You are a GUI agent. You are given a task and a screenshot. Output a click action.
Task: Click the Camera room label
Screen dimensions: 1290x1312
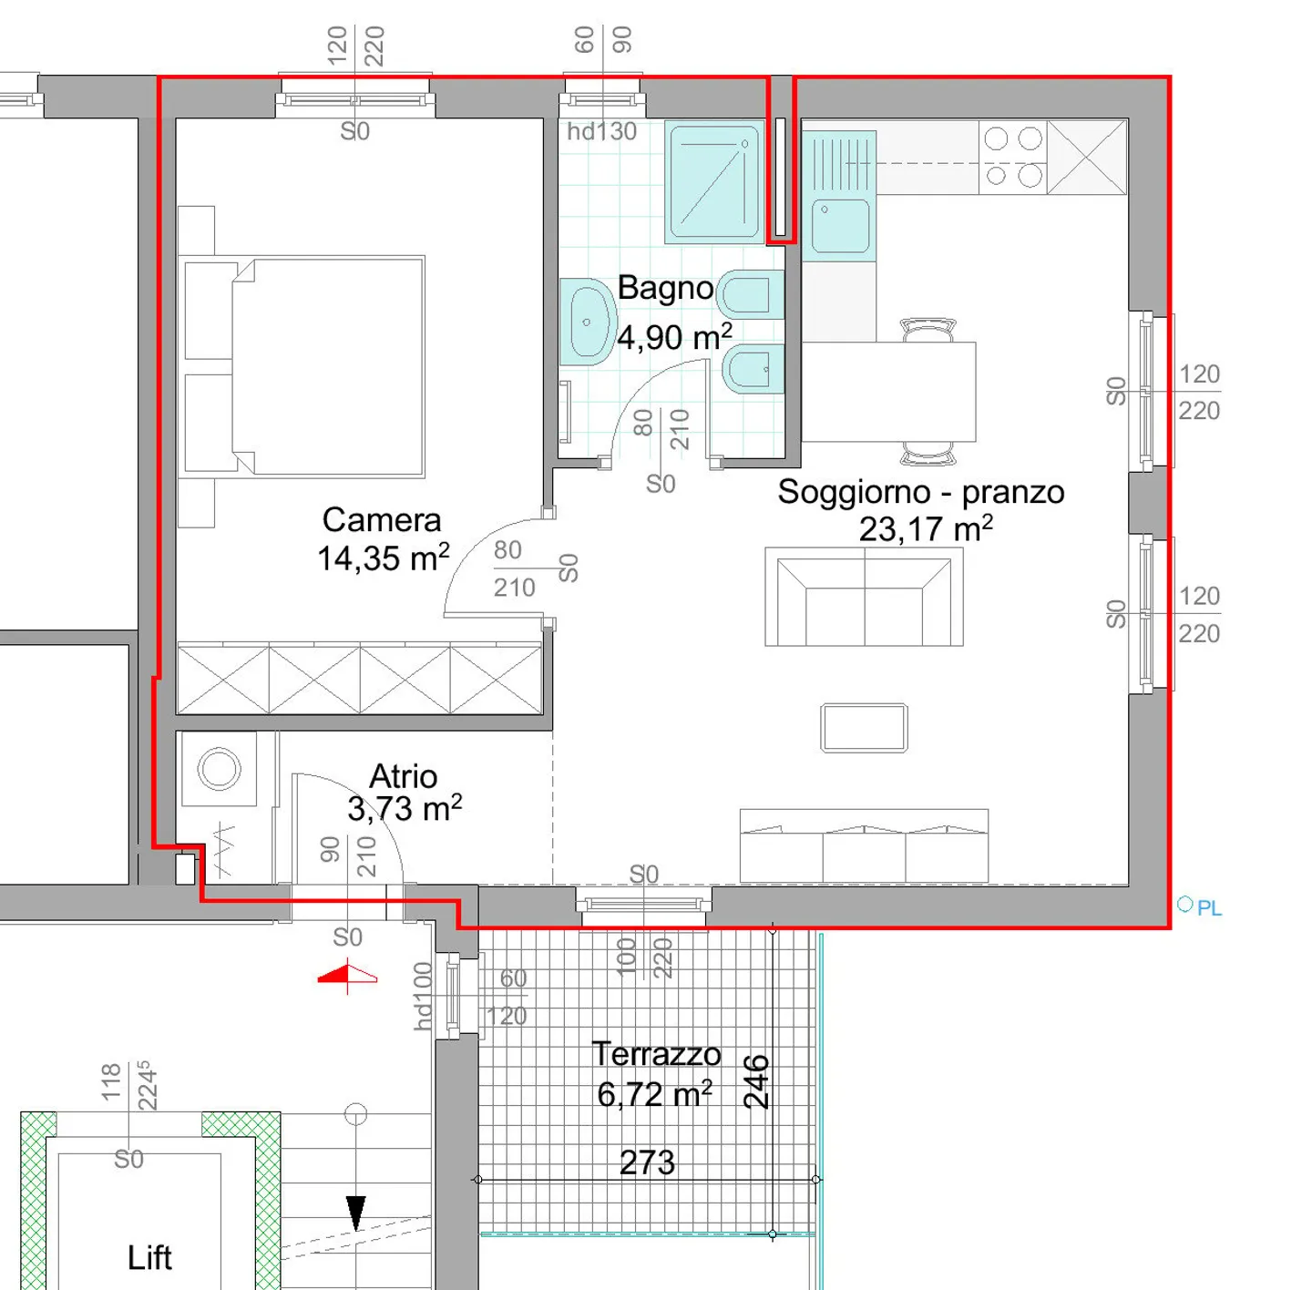[x=381, y=520]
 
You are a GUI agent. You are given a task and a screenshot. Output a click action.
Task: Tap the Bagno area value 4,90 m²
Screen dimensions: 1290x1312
[x=674, y=338]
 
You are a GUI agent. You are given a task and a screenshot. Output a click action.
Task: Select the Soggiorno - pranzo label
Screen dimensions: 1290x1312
[x=920, y=492]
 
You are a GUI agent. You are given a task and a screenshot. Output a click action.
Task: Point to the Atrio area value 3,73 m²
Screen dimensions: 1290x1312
[x=405, y=809]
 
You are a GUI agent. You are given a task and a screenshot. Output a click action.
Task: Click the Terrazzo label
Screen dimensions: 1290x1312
[x=656, y=1054]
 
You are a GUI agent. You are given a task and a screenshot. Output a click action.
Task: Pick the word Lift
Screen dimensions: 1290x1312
[x=149, y=1258]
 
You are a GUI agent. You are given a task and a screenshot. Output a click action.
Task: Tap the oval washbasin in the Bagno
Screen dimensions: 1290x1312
[x=587, y=322]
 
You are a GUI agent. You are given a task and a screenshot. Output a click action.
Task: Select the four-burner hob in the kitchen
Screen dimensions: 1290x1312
[x=1012, y=157]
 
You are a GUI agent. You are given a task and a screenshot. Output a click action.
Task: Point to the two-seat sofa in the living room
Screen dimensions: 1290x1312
[x=864, y=598]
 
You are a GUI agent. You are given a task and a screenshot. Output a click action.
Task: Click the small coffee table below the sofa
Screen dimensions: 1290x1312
[x=864, y=728]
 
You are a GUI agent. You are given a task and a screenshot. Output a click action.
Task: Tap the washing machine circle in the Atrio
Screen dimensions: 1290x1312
[x=219, y=769]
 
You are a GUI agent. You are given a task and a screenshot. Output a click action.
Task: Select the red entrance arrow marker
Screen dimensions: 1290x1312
[x=347, y=977]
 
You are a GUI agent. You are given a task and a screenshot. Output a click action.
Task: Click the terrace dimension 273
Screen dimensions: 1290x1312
[x=647, y=1162]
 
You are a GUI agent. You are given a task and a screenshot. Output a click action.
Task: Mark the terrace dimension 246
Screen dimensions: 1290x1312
[x=756, y=1081]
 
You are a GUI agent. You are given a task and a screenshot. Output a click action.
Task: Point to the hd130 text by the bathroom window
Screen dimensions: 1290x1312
[x=601, y=132]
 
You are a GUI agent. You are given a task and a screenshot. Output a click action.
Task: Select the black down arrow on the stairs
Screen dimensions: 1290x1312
[x=355, y=1212]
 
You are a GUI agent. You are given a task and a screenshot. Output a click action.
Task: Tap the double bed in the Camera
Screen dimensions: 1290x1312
[x=328, y=366]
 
